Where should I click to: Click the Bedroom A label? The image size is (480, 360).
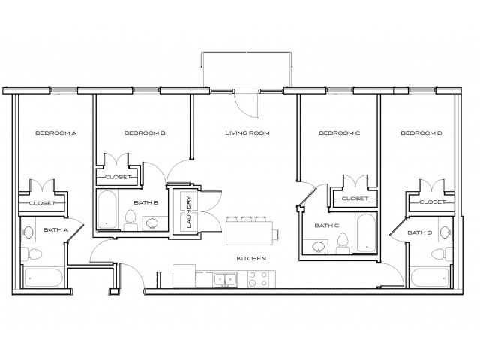(x=51, y=133)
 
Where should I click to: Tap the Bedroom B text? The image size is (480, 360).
(x=144, y=133)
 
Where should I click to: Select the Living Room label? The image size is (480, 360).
(x=247, y=133)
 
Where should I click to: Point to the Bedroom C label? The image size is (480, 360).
(x=340, y=133)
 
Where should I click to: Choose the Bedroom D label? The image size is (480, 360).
(x=421, y=133)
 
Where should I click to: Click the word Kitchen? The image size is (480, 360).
(x=251, y=258)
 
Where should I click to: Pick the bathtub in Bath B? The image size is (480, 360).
(x=106, y=209)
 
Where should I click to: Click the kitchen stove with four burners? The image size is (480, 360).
(x=258, y=280)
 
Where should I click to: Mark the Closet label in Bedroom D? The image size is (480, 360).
(x=433, y=202)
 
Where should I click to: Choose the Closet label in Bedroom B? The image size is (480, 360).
(x=117, y=177)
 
